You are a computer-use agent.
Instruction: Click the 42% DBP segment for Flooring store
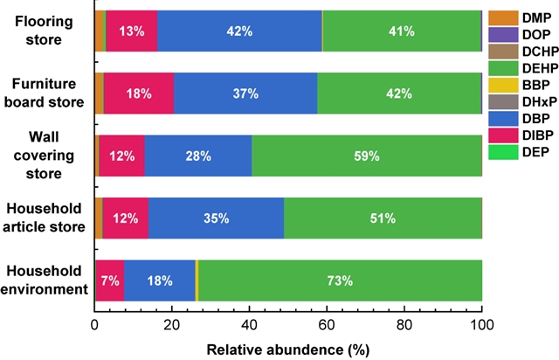pos(239,31)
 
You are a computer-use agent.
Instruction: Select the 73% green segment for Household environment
pos(340,280)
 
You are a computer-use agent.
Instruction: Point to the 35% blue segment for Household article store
pos(216,218)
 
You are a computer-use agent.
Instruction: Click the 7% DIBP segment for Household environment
pos(109,280)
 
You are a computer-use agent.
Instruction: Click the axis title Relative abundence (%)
pos(288,347)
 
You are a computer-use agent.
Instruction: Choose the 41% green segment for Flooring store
pos(402,31)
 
